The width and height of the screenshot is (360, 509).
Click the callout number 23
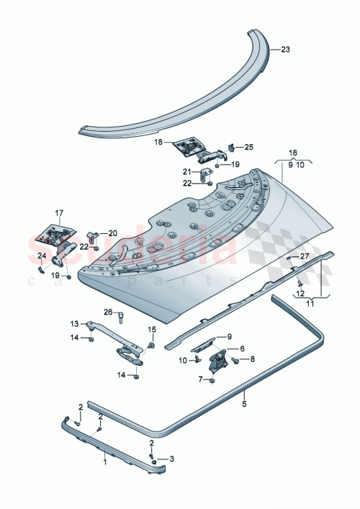coord(285,50)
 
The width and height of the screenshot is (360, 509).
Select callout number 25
coord(248,147)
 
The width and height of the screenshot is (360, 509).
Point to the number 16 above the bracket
coord(293,153)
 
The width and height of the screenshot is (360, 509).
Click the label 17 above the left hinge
coord(59,212)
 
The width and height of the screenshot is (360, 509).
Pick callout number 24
coord(41,256)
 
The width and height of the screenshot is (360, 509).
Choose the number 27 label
coord(304,256)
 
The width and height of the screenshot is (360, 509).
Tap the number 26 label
coord(107,312)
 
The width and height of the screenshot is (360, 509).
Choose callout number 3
coord(171,458)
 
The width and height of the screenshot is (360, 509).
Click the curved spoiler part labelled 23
coord(180,108)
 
